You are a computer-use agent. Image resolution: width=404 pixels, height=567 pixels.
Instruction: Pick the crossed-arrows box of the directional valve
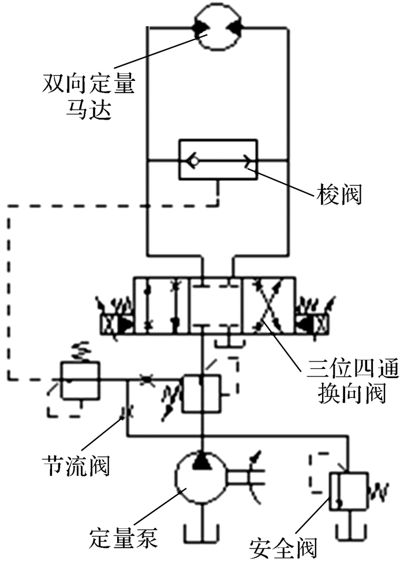click(269, 306)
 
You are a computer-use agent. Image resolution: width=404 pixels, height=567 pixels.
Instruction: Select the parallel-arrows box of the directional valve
click(162, 306)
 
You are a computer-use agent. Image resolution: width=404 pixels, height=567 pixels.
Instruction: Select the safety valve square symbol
click(349, 491)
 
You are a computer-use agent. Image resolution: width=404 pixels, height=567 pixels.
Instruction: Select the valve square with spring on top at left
click(80, 379)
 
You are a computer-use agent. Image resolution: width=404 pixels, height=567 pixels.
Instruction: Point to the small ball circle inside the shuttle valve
click(192, 162)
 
